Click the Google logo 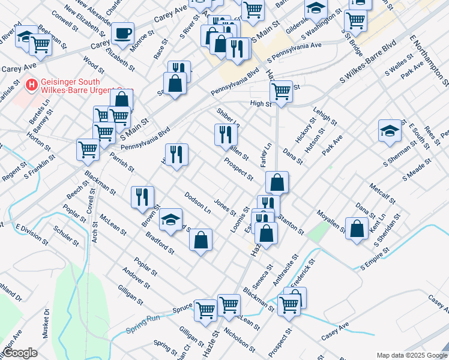tap(20, 353)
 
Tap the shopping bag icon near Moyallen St tap(357, 228)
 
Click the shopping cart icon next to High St tap(280, 91)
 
